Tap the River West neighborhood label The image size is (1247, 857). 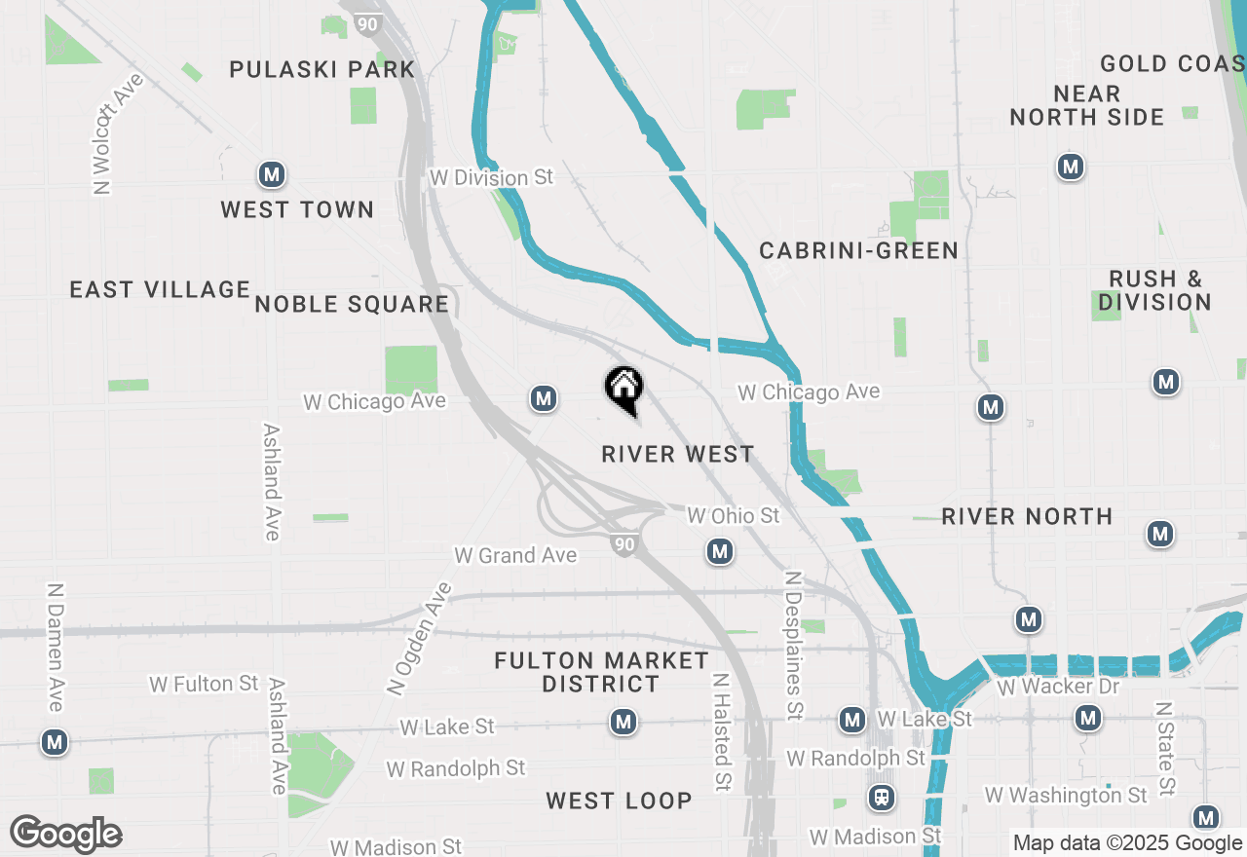click(x=677, y=455)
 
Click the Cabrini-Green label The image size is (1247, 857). click(x=858, y=251)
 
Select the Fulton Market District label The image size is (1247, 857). click(x=601, y=672)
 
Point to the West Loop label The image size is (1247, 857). click(x=619, y=801)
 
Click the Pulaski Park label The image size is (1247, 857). click(x=322, y=70)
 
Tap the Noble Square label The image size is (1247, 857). click(x=352, y=305)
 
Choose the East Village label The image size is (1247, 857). click(x=160, y=290)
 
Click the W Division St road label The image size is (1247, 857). click(x=491, y=177)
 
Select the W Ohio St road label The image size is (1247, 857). click(x=734, y=515)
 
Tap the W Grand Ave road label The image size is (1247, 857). click(x=515, y=556)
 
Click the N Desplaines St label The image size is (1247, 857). click(x=794, y=645)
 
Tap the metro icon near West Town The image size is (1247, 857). click(x=272, y=175)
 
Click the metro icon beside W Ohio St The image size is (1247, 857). click(x=720, y=552)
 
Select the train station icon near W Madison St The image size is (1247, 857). click(x=882, y=799)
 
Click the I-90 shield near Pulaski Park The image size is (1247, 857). click(x=367, y=23)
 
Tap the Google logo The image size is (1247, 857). click(x=65, y=835)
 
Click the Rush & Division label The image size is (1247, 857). click(x=1154, y=290)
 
